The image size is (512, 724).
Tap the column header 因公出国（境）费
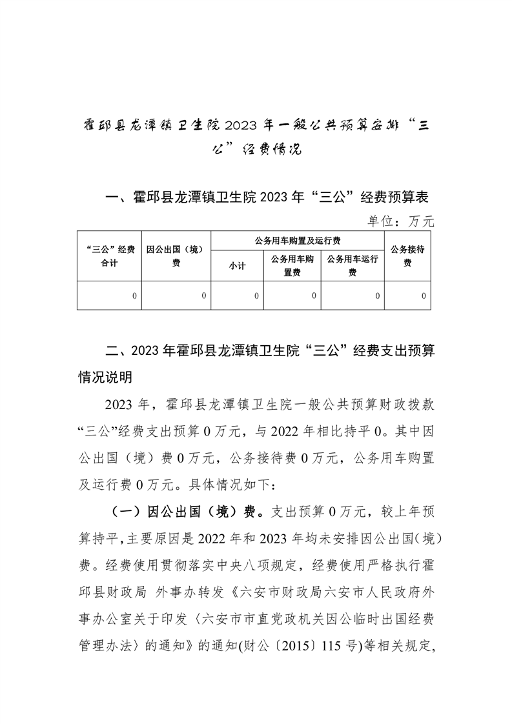176,256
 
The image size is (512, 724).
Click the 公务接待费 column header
407,256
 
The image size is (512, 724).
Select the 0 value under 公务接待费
424,296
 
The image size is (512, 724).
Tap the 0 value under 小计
256,296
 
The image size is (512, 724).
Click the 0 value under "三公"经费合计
134,296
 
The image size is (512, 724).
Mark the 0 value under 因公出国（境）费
203,296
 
